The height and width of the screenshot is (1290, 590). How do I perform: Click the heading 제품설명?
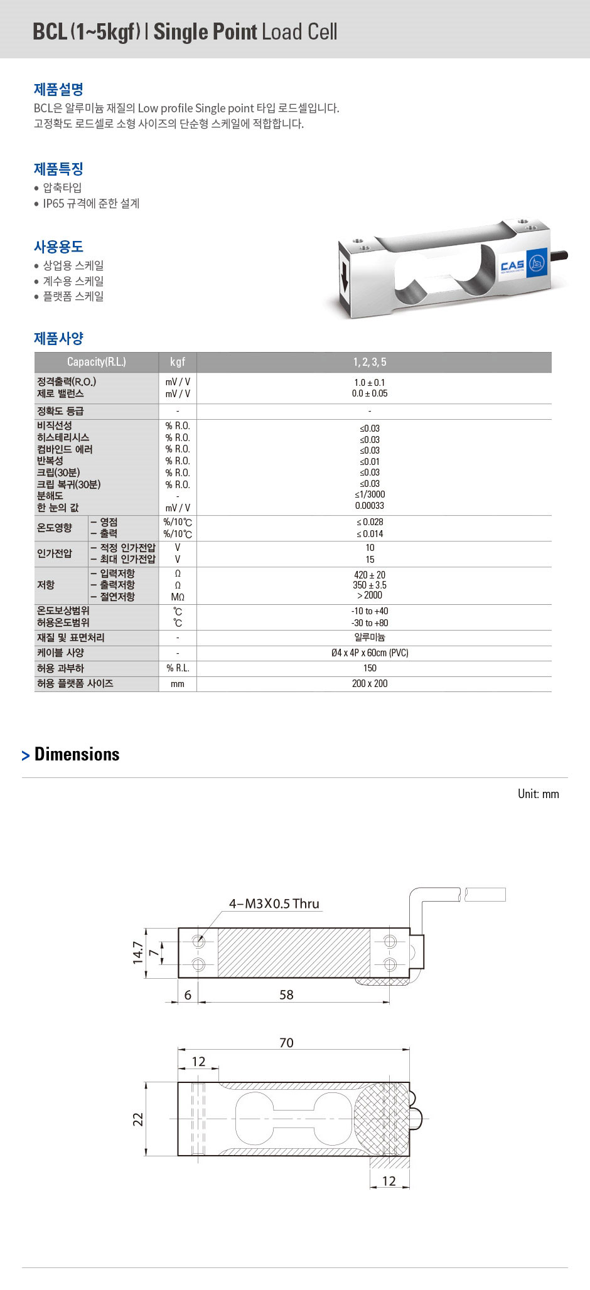tap(58, 89)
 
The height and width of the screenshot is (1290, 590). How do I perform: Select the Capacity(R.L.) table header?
tap(96, 362)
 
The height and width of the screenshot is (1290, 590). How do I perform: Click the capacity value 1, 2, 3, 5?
tap(370, 362)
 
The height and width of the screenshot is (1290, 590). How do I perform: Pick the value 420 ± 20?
tap(370, 575)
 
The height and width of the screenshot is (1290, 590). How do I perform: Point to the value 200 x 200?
tap(370, 683)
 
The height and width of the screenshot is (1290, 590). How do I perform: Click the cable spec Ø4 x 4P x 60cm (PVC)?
tap(370, 653)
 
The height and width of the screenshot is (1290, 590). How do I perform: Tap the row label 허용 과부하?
tap(60, 668)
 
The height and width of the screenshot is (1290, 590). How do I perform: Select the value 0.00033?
tap(370, 506)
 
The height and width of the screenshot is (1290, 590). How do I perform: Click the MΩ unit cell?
tap(178, 597)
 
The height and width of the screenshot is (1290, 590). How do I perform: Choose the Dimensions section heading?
tap(77, 754)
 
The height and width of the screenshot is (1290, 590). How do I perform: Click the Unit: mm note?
tap(538, 794)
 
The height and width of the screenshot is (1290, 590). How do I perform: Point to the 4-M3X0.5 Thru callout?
tap(274, 904)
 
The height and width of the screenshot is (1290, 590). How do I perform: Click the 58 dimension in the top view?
tap(286, 994)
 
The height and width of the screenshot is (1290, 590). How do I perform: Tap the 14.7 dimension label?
tap(138, 953)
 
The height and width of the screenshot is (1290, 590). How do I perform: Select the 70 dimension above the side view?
tap(286, 1042)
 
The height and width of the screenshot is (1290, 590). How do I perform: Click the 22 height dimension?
tap(138, 1119)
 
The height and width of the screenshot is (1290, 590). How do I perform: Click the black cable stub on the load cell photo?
tap(560, 256)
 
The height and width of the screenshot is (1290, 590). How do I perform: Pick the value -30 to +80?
tap(370, 623)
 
